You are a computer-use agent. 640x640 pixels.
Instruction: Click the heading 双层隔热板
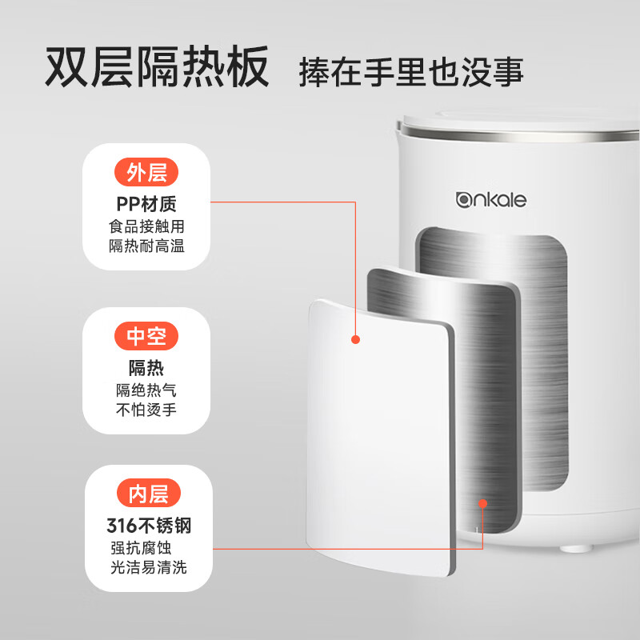tap(155, 69)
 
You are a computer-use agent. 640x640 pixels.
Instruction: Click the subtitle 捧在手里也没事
tap(410, 72)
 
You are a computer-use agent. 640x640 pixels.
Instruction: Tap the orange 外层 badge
tap(146, 172)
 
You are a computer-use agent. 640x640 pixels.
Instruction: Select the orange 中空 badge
tap(146, 336)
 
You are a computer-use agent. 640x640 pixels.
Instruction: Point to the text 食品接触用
tap(146, 226)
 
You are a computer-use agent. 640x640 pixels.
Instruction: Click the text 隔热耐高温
tap(146, 246)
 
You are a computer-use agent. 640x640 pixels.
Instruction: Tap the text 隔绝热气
tap(146, 390)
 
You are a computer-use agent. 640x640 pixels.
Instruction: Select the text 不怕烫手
tap(146, 410)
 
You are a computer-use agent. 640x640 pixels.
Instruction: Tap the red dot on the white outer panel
tap(356, 339)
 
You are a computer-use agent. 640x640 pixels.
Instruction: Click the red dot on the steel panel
tap(482, 502)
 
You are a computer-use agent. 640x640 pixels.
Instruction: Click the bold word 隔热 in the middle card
tap(146, 367)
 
